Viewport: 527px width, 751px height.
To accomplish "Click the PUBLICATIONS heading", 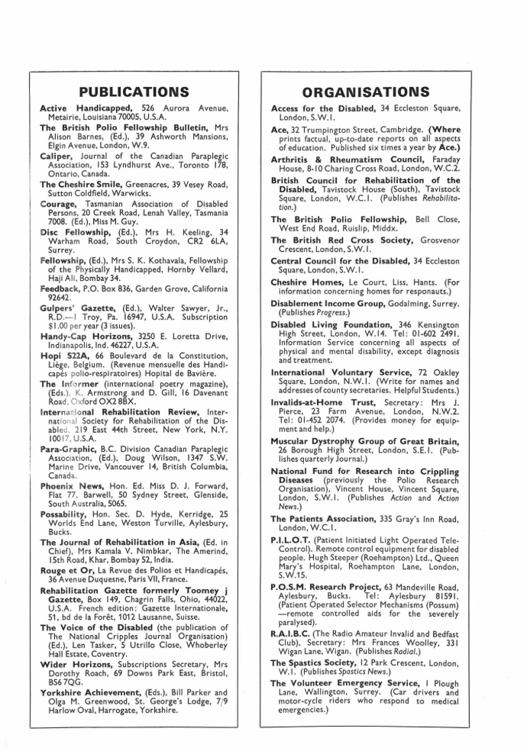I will [134, 92].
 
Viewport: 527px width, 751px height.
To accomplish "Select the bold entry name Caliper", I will [60, 153].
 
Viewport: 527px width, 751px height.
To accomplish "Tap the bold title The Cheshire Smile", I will [84, 184].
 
